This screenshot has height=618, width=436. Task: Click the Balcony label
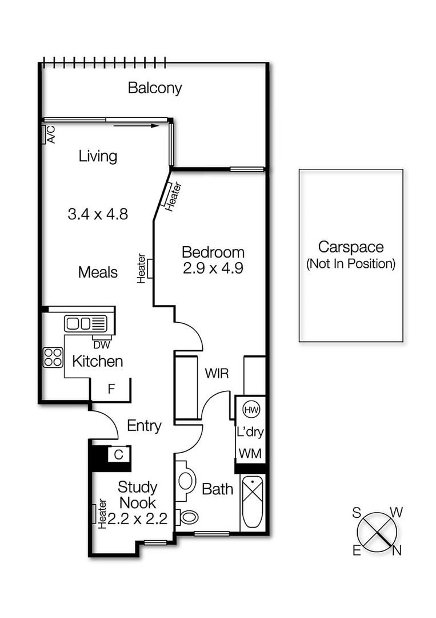(154, 88)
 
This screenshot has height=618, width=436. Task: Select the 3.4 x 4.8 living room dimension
(97, 215)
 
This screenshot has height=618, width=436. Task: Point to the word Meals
(98, 272)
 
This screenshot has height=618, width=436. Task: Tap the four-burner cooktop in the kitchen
(53, 358)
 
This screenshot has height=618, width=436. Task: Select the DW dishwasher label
(102, 344)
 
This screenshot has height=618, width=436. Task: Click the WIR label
(217, 374)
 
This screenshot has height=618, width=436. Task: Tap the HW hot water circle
(250, 409)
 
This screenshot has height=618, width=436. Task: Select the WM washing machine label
(250, 453)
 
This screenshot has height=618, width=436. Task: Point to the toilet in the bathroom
(187, 517)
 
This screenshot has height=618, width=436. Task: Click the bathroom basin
(185, 480)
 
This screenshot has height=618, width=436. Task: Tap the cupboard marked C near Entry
(118, 455)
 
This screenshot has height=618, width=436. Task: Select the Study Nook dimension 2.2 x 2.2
(137, 519)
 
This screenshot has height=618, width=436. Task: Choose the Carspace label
(351, 248)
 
